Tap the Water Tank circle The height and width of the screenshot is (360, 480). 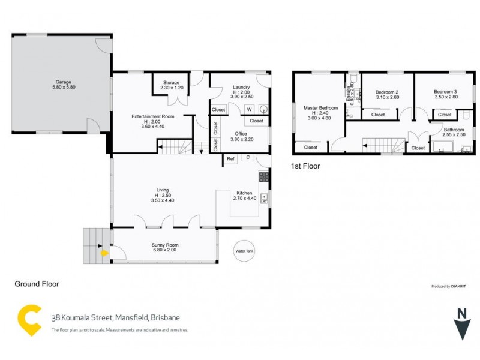click(245, 251)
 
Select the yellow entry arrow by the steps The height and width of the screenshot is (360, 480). click(104, 253)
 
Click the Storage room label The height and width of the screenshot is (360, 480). click(171, 85)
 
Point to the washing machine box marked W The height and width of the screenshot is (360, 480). click(249, 109)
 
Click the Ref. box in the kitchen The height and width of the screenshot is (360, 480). click(230, 159)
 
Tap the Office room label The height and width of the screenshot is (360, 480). click(241, 136)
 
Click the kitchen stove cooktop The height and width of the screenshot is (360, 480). click(264, 177)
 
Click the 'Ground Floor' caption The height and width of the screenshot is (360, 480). click(37, 284)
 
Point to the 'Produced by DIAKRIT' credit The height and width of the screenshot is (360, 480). click(449, 287)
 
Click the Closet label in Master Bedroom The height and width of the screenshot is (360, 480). click(311, 147)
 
